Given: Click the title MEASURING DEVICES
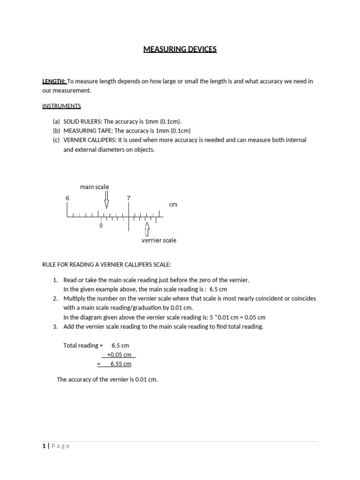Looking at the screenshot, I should pos(180,49).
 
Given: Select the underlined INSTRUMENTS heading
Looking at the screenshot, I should pos(61,106).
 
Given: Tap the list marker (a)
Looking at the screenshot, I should pos(56,121).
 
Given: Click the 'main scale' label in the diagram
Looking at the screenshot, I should pos(94,187).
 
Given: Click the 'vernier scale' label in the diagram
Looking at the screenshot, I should pos(159,240).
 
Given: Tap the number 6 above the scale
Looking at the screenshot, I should pos(67,198).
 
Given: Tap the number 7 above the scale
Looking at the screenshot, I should pos(128,198).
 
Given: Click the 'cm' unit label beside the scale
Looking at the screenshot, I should pos(173,205).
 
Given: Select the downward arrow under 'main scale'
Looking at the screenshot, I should pos(106,200).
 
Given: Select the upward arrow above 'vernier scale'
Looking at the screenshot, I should pos(147,229).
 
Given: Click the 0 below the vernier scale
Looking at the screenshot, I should pos(101,226).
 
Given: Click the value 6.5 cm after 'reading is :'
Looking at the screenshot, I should pos(218,289).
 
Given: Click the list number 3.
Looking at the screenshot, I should pos(55,327).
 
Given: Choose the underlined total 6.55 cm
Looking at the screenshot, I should pos(120,364).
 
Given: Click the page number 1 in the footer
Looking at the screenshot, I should pos(44,446).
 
